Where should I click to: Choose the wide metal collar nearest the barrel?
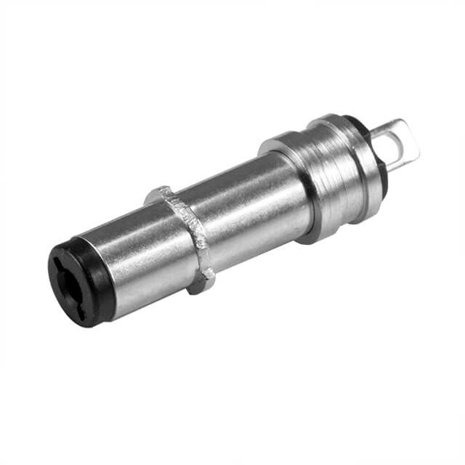click(294, 182)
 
